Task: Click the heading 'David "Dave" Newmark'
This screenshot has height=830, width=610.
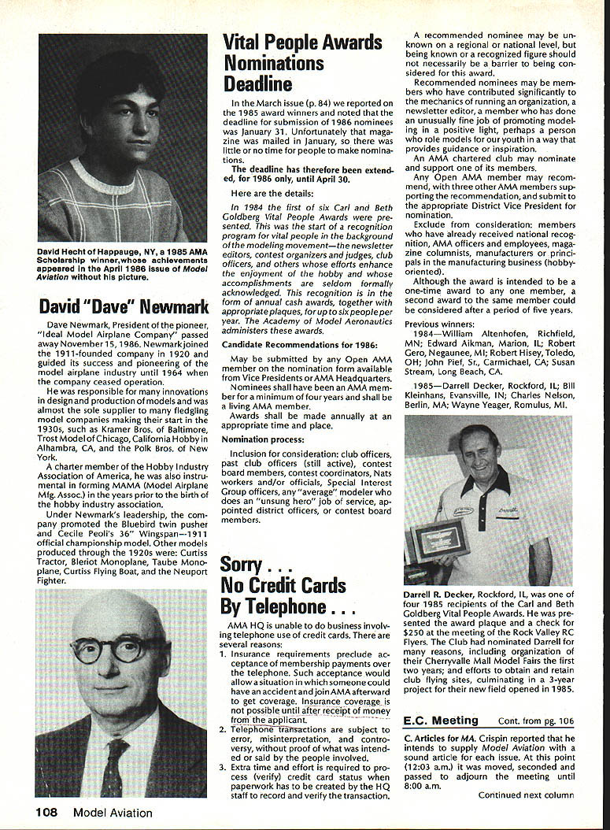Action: click(123, 306)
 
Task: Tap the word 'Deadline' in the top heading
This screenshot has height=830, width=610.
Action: click(257, 83)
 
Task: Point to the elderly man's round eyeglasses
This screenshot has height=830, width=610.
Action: click(112, 649)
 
